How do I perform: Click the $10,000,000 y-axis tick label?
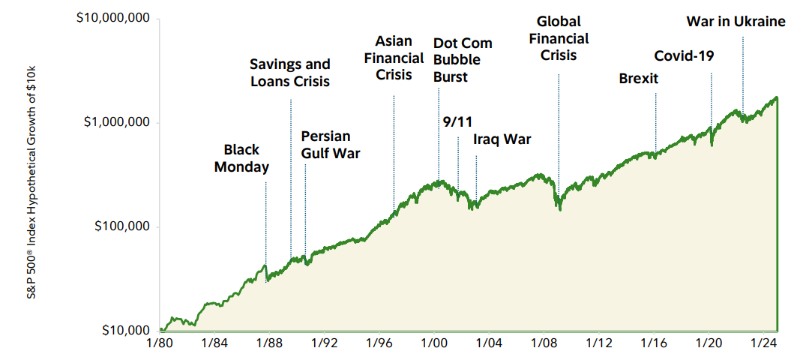point(113,17)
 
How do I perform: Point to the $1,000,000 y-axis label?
point(117,121)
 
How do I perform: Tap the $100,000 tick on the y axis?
point(120,226)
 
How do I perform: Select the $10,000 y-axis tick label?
point(124,330)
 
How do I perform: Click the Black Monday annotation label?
point(241,158)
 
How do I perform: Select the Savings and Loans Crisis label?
point(289,73)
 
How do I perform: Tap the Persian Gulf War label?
point(331,145)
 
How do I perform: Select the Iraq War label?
point(502,139)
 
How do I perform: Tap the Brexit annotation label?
point(638,78)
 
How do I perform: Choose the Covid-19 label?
point(684,56)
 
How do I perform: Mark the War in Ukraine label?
point(736,21)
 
